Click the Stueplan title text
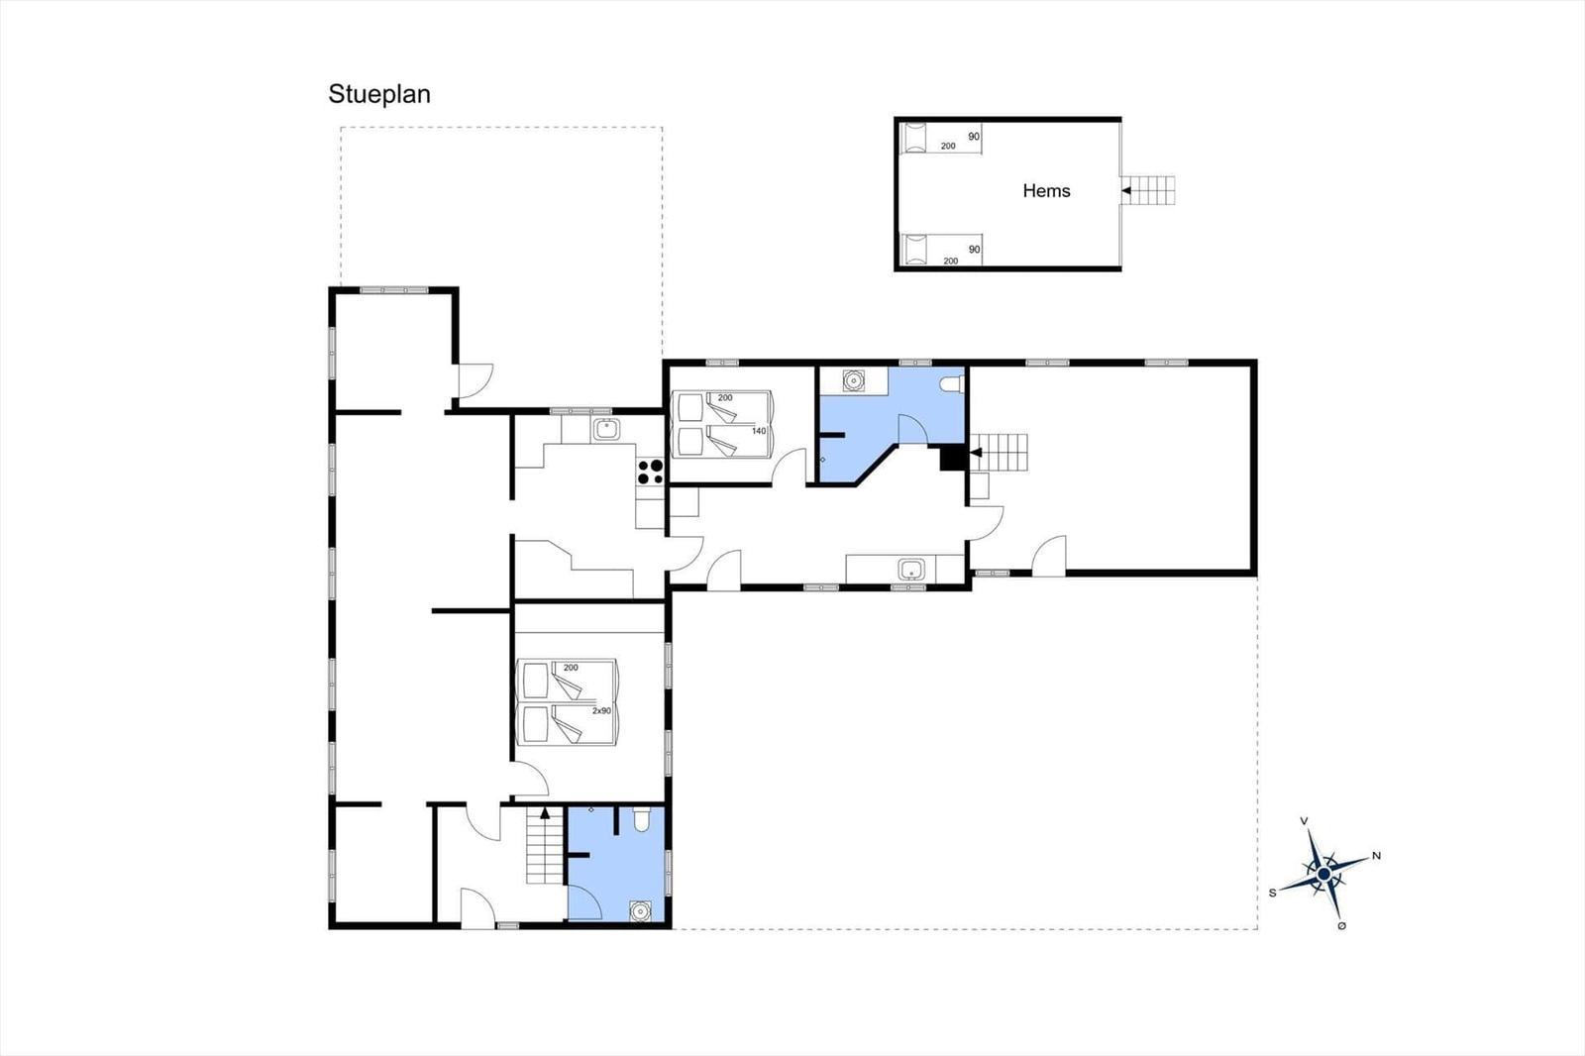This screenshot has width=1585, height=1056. [379, 95]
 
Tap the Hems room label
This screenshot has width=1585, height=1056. [1046, 191]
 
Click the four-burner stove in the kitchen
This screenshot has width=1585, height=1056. [650, 473]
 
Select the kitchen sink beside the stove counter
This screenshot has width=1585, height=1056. [606, 429]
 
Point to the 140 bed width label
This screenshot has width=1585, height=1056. [759, 431]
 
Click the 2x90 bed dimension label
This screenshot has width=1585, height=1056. [601, 710]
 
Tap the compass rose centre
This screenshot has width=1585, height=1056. [1323, 874]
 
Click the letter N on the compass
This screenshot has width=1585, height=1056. [1376, 856]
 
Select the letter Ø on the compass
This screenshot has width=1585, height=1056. [1341, 926]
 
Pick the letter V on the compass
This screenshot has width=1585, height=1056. [1304, 821]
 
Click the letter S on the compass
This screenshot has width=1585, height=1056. [1272, 894]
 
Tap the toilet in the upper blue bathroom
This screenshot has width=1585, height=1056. [952, 384]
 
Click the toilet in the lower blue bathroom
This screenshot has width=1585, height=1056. [641, 819]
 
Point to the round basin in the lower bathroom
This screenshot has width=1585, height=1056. [640, 911]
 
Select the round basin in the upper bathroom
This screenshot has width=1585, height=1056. [854, 380]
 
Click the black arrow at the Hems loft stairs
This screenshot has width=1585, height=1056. [1126, 190]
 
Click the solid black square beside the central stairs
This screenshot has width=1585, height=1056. [953, 458]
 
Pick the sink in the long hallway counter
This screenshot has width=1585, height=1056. [911, 569]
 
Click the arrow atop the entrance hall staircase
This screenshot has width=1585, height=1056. [545, 813]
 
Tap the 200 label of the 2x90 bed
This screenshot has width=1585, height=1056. [571, 668]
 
